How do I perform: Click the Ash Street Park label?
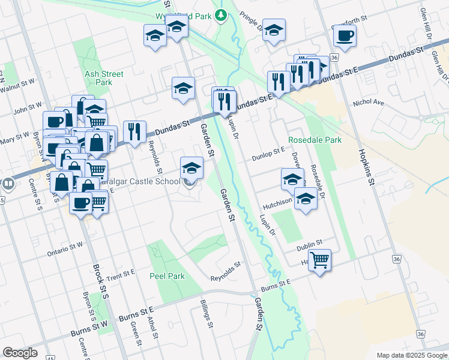tap(104, 78)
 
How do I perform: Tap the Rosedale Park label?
tap(315, 140)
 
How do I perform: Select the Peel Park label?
tap(167, 276)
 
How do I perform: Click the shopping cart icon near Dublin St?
tap(320, 260)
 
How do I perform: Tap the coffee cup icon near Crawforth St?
tap(344, 35)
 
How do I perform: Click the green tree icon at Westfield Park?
tap(221, 15)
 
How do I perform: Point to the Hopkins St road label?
tap(367, 166)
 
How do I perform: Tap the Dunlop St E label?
tap(269, 153)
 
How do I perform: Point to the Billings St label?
tap(206, 313)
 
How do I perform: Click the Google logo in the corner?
tap(20, 353)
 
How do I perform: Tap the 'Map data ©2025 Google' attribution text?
tap(412, 355)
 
